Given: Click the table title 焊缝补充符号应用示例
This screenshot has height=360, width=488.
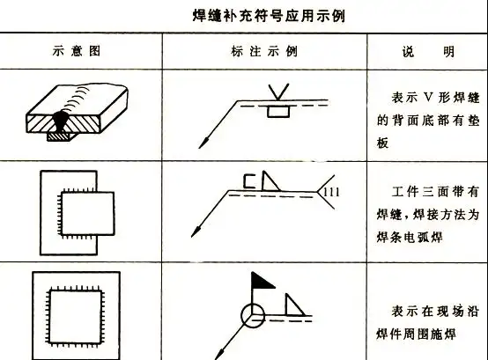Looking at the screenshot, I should tap(244, 16).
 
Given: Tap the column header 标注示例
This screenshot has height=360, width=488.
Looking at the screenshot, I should tap(263, 51).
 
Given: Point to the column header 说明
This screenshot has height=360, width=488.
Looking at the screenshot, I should tap(425, 51).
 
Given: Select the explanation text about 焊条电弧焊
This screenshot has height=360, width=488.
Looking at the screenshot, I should tap(424, 209).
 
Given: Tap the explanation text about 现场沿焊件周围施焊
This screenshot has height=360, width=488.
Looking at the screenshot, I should tap(424, 320).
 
